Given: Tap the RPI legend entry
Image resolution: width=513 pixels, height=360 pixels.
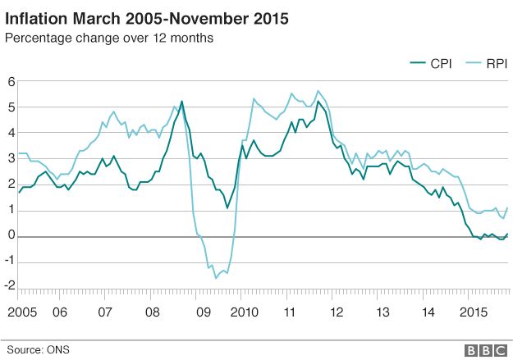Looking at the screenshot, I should pyautogui.click(x=485, y=63).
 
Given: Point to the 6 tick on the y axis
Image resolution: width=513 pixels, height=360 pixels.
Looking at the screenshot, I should pyautogui.click(x=11, y=80).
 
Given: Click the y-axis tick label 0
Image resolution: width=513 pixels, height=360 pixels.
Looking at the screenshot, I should pyautogui.click(x=11, y=236).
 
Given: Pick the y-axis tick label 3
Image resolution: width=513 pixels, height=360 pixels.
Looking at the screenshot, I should pyautogui.click(x=11, y=158).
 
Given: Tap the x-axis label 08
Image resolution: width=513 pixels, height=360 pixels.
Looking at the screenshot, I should pyautogui.click(x=152, y=313).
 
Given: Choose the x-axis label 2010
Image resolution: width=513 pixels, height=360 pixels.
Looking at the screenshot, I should pyautogui.click(x=244, y=313).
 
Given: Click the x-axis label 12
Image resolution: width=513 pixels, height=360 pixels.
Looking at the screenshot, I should pyautogui.click(x=337, y=313).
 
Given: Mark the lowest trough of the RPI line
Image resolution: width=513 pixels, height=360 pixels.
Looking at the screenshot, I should pyautogui.click(x=217, y=278).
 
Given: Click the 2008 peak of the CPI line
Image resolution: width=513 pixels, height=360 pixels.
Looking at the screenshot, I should pyautogui.click(x=181, y=101).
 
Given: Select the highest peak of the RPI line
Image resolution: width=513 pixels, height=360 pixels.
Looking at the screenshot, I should pyautogui.click(x=318, y=90).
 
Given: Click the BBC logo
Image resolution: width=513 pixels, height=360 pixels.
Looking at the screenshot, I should pyautogui.click(x=486, y=350).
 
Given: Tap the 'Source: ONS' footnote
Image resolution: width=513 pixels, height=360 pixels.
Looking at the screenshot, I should pyautogui.click(x=38, y=350).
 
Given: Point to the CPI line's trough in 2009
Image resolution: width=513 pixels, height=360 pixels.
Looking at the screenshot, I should pyautogui.click(x=227, y=207).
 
